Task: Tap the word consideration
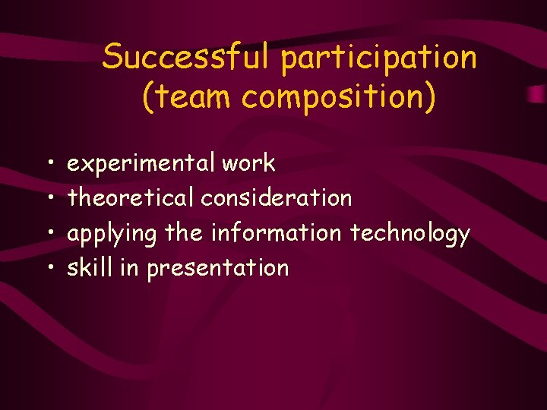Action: [x=277, y=198]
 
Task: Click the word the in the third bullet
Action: [x=184, y=233]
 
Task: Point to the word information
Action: [x=277, y=233]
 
